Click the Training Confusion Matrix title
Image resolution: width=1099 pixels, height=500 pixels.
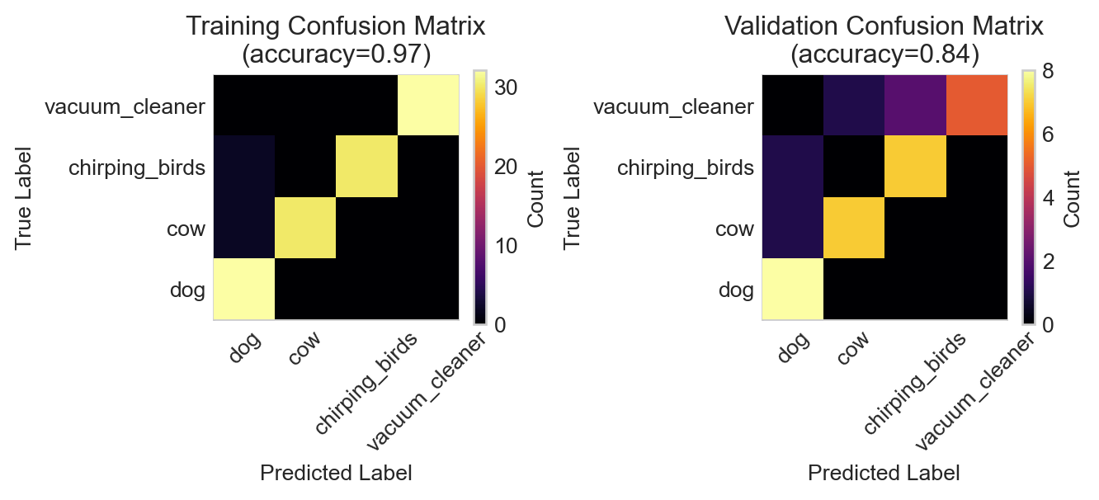pos(335,26)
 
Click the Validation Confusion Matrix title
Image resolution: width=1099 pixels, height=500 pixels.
pos(884,26)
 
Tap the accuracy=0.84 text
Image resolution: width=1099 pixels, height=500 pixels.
pos(884,54)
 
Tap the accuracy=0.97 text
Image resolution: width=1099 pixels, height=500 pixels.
pos(335,54)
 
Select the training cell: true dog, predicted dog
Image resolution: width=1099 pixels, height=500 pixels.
pos(244,289)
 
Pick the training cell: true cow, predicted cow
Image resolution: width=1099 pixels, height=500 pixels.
pos(305,228)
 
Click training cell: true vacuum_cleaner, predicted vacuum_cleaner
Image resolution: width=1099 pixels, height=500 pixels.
pos(428,105)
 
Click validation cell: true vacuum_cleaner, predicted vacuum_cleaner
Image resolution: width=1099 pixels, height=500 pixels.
pos(977,105)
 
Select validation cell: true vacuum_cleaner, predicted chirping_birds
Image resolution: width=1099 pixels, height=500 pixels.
pos(915,105)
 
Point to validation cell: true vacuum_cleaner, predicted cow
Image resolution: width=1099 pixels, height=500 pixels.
pos(854,105)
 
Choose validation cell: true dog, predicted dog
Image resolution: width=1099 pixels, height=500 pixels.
pos(792,289)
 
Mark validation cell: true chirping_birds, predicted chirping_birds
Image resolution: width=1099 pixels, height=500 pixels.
pos(915,167)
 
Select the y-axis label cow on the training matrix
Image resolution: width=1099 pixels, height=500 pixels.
pos(186,229)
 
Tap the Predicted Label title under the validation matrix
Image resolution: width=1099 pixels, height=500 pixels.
pos(884,473)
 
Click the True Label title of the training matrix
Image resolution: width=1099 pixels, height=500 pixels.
pos(23,197)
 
